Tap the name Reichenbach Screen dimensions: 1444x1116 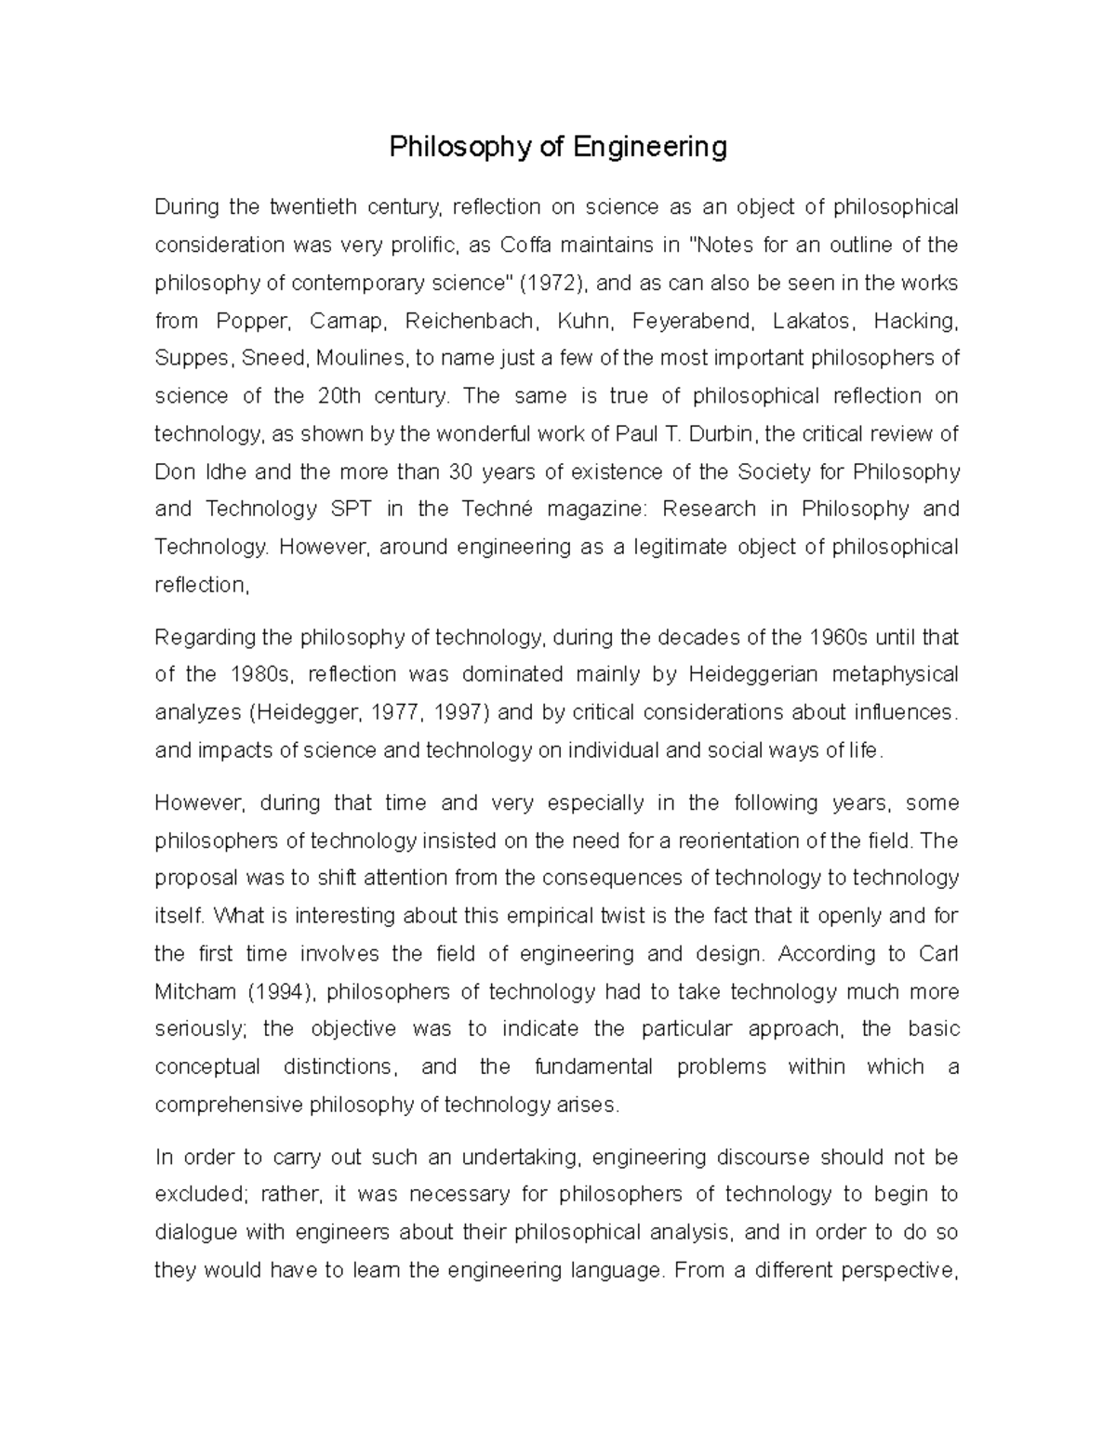(471, 321)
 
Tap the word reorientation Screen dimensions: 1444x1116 (738, 841)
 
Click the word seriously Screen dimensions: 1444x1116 (198, 1029)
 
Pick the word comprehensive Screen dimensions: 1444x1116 (228, 1105)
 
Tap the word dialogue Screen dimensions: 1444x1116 (196, 1232)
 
